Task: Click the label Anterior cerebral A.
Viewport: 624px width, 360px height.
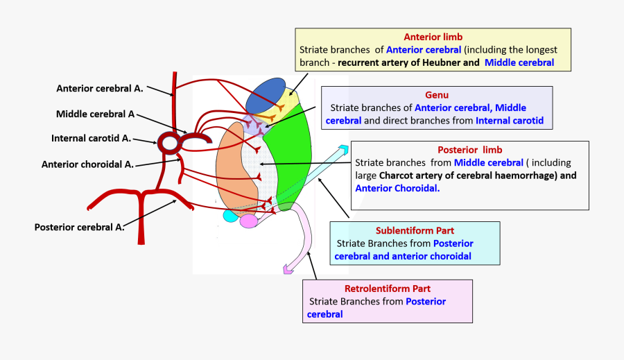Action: pyautogui.click(x=99, y=88)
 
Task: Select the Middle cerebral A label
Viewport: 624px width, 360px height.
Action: pyautogui.click(x=95, y=114)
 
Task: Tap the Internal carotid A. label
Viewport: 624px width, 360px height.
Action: pyautogui.click(x=91, y=138)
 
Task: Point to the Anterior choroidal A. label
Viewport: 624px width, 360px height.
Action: pyautogui.click(x=87, y=164)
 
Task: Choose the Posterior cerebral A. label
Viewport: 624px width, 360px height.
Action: pyautogui.click(x=80, y=227)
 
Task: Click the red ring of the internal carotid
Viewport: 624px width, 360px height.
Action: pyautogui.click(x=168, y=143)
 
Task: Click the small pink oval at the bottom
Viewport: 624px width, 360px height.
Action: pyautogui.click(x=248, y=221)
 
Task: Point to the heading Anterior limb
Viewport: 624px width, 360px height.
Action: pyautogui.click(x=433, y=36)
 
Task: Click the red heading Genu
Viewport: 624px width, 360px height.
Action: pyautogui.click(x=437, y=94)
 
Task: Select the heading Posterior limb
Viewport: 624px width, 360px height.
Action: pyautogui.click(x=469, y=149)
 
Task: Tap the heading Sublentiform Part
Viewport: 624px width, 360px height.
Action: pyautogui.click(x=415, y=230)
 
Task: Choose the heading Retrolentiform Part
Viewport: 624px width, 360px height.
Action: pyautogui.click(x=387, y=289)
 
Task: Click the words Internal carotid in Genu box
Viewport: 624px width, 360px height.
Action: pyautogui.click(x=510, y=121)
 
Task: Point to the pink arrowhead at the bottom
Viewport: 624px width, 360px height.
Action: pyautogui.click(x=288, y=270)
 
